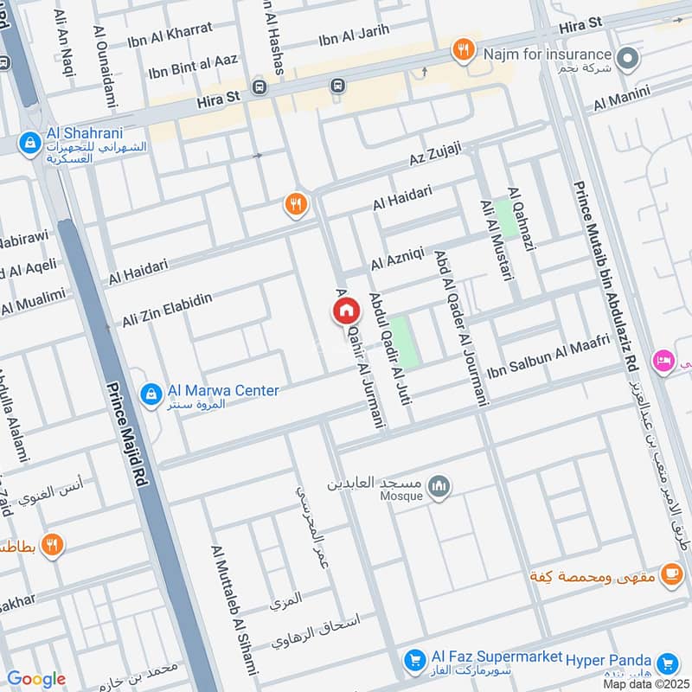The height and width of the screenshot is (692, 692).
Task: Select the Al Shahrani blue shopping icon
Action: (29, 141)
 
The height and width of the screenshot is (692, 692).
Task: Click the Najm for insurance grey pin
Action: (630, 59)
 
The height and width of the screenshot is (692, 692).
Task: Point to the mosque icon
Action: (440, 487)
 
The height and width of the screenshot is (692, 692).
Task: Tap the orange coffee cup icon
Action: (670, 573)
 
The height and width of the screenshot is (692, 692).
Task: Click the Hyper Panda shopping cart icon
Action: (667, 663)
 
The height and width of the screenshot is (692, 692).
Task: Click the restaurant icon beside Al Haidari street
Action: (296, 205)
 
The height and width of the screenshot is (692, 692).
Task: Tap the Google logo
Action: (36, 679)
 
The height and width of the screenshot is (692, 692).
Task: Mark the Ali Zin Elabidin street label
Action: (167, 310)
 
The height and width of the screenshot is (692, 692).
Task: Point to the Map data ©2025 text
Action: (645, 684)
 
